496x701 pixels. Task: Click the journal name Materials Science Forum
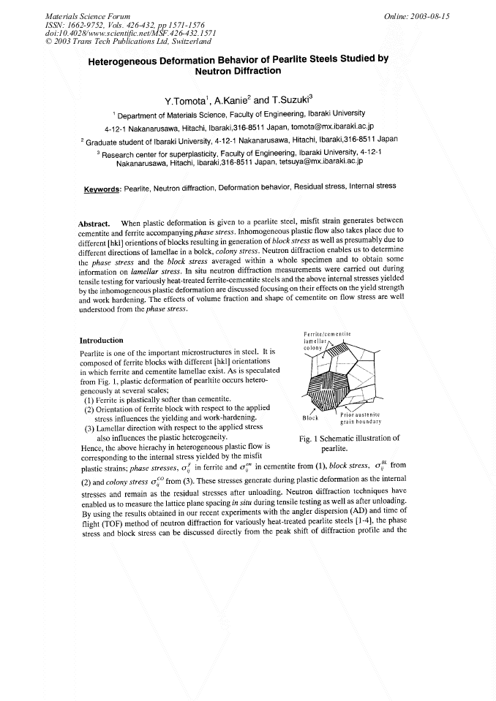click(x=88, y=15)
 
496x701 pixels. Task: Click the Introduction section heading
click(x=102, y=340)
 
